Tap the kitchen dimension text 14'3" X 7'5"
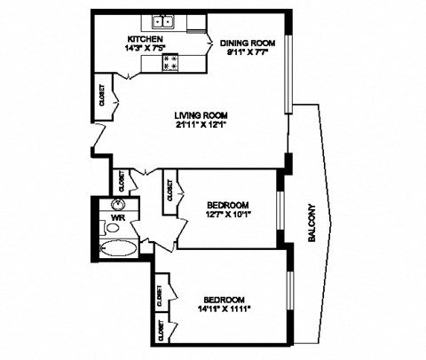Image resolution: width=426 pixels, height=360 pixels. [x=146, y=51]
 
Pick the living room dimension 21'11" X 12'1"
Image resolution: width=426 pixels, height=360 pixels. [x=203, y=126]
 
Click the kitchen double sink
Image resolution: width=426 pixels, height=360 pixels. [x=162, y=23]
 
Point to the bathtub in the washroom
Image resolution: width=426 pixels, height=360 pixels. [x=116, y=248]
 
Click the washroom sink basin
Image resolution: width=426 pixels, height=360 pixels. [x=117, y=205]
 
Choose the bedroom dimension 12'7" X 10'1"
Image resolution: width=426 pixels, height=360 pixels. [x=228, y=215]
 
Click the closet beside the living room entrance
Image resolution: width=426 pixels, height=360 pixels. [x=99, y=101]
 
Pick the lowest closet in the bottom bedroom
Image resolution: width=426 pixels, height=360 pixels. [x=161, y=330]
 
